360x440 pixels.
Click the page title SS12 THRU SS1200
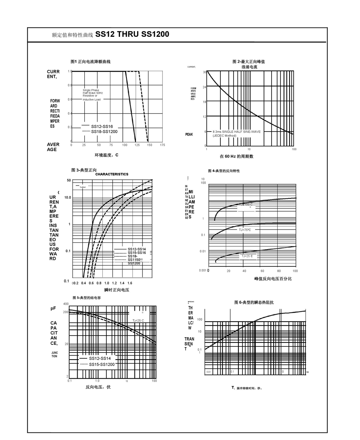coord(132,34)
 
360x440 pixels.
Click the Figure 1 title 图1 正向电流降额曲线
coord(90,62)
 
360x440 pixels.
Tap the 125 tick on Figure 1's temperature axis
coord(137,145)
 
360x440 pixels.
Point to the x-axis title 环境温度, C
coord(107,155)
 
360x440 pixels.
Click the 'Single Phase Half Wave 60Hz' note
coord(93,92)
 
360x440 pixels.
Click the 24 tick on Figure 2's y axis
coord(204,87)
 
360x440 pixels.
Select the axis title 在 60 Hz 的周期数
coord(236,156)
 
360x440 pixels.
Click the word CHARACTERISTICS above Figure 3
coord(112,174)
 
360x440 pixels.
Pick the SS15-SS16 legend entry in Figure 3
coord(137,253)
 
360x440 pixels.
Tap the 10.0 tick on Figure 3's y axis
coord(67,198)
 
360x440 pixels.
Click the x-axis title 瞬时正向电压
coord(117,290)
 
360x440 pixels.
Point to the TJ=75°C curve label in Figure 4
coord(244,230)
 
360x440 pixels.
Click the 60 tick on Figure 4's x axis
coord(262,271)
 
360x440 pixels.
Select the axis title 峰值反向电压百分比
coord(273,278)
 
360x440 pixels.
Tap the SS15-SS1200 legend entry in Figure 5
coord(102,364)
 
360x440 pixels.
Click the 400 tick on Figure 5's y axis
coord(66,304)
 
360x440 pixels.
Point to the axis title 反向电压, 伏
coord(98,387)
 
